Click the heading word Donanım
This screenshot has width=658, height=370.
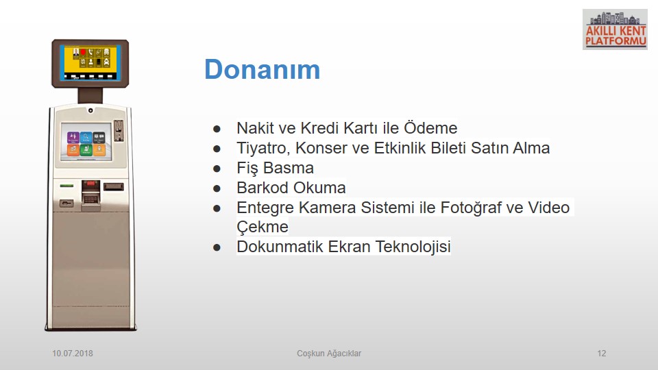click(263, 69)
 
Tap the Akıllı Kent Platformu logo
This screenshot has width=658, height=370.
click(615, 29)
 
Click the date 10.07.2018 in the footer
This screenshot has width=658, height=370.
click(73, 354)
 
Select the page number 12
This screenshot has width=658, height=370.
click(602, 354)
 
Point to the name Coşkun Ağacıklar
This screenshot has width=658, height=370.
click(329, 354)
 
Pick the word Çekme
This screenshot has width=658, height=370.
click(263, 227)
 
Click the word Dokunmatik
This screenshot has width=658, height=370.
click(280, 247)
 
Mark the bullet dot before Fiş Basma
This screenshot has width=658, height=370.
click(217, 169)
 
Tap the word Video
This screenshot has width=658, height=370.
click(548, 207)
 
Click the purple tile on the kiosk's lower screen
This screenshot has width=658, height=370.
click(73, 137)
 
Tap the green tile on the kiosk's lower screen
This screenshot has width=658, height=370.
click(86, 150)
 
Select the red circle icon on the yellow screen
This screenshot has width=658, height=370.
click(83, 53)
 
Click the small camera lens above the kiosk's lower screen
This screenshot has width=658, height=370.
click(90, 110)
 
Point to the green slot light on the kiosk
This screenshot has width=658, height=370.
click(66, 186)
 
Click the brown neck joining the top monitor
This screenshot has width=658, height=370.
click(90, 96)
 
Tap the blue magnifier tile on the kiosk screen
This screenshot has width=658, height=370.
click(86, 137)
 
